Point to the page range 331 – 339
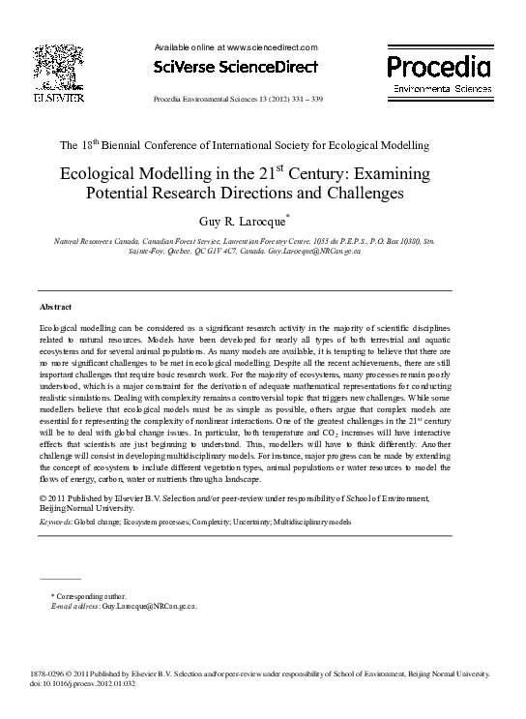(304, 100)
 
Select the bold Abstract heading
(55, 306)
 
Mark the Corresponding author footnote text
(91, 596)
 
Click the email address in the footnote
(147, 606)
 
